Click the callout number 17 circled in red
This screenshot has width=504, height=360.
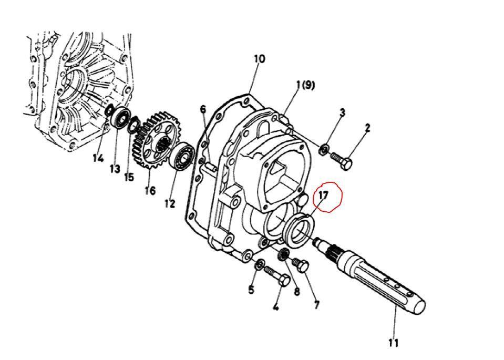(323, 195)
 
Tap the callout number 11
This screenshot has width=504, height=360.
(393, 343)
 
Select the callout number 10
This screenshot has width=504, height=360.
(260, 59)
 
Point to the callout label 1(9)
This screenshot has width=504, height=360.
(305, 85)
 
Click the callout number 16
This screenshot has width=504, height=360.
(150, 191)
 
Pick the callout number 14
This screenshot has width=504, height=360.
(98, 158)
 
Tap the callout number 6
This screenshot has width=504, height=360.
(203, 109)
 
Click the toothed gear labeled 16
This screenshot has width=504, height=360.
(157, 140)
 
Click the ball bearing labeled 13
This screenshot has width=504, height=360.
(121, 118)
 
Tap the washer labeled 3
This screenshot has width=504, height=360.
(324, 149)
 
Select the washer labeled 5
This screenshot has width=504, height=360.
(260, 264)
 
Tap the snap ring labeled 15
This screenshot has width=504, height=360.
(133, 124)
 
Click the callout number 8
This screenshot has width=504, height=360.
(297, 291)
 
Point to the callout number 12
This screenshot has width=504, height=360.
(170, 203)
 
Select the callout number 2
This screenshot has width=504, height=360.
(367, 128)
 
